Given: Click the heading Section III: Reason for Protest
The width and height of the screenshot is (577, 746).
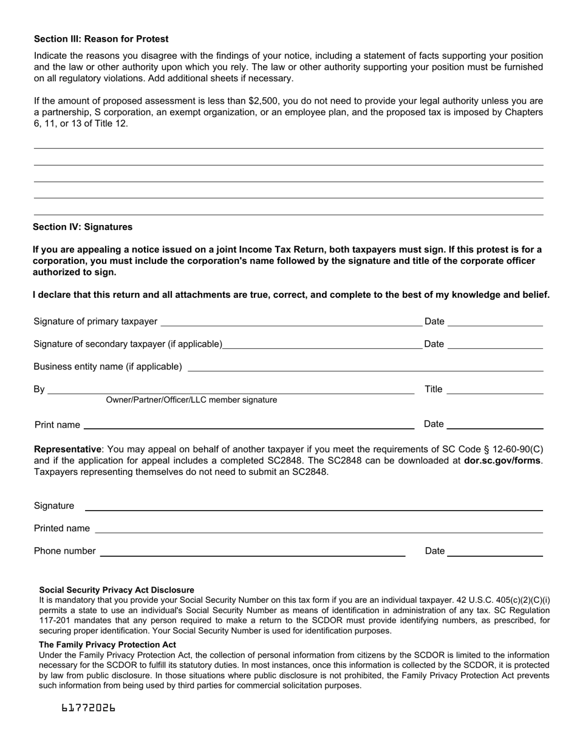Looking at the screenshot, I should coord(101,39).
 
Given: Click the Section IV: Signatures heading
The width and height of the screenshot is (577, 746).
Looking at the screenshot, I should coord(83,227).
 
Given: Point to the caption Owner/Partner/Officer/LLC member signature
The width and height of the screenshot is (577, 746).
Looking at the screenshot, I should coord(191,400).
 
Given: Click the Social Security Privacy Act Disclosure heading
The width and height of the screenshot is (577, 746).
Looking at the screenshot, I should coord(117,590).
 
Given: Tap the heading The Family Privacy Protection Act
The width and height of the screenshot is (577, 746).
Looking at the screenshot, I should coord(108,645).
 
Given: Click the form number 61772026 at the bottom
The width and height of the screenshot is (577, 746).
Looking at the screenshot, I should coord(88,708).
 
